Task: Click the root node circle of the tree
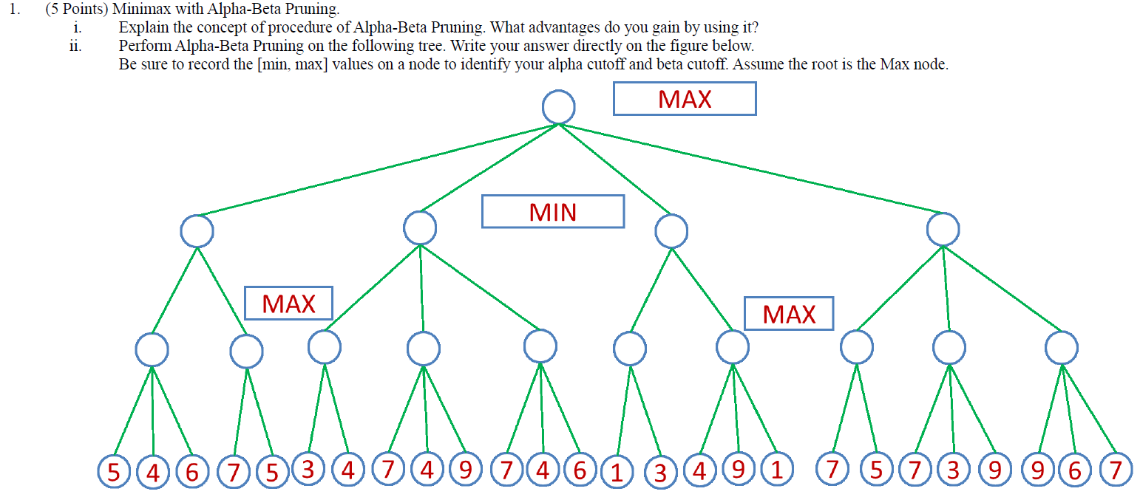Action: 558,108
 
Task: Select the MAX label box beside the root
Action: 684,99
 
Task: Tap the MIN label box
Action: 553,212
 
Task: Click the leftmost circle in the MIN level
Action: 197,231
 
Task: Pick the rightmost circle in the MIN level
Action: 943,230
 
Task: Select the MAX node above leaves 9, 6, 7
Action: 1062,347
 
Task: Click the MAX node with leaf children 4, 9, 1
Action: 733,346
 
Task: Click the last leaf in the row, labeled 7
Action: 1116,470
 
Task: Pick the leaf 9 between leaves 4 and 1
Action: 738,470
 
